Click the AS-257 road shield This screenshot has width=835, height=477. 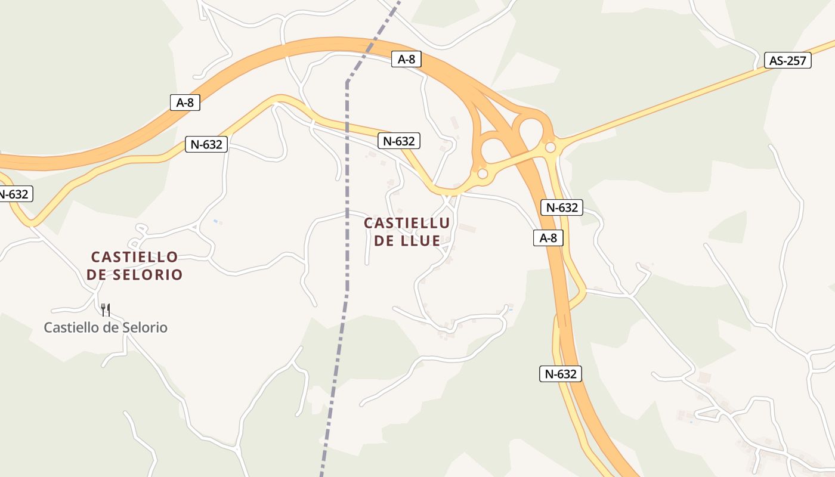[787, 60]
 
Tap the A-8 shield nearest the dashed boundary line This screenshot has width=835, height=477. [406, 59]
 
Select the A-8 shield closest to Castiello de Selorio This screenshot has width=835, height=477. [185, 102]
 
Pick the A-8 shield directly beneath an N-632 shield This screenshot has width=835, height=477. [548, 238]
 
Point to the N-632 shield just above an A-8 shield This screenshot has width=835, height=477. [561, 207]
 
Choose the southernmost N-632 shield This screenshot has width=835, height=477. [560, 374]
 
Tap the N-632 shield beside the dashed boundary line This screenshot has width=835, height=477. [398, 141]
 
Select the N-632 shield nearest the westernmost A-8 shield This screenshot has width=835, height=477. [206, 144]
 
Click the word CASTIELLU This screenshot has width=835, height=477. [406, 224]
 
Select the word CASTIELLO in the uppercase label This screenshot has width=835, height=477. [134, 257]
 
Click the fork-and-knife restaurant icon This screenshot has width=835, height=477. [106, 309]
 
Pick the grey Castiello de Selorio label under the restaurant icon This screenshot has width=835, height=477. [106, 327]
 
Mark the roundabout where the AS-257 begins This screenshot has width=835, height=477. [551, 147]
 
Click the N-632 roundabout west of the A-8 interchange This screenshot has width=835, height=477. [483, 174]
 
